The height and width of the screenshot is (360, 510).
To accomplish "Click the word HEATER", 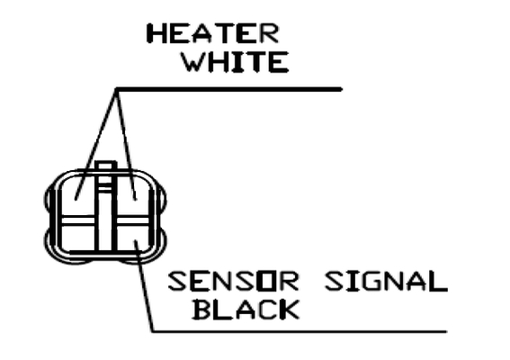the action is pyautogui.click(x=213, y=33).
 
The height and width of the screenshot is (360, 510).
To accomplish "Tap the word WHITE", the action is pyautogui.click(x=235, y=62).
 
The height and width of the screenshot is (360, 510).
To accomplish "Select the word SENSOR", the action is pyautogui.click(x=233, y=281).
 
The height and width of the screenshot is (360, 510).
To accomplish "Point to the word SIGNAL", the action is pyautogui.click(x=386, y=281).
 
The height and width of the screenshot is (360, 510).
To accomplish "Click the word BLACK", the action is pyautogui.click(x=246, y=310).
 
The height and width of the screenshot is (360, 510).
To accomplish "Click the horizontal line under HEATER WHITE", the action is pyautogui.click(x=228, y=89).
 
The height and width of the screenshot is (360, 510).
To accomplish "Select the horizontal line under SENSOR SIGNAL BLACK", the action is pyautogui.click(x=300, y=332).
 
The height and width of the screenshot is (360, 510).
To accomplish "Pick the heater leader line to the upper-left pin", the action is pyautogui.click(x=95, y=145).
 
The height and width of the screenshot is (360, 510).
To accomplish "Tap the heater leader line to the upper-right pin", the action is pyautogui.click(x=126, y=144).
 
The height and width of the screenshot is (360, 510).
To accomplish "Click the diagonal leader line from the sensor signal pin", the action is pyautogui.click(x=145, y=286).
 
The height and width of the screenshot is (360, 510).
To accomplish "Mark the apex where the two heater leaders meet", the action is pyautogui.click(x=117, y=89).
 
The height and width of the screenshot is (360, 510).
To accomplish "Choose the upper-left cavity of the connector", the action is pyautogui.click(x=78, y=195).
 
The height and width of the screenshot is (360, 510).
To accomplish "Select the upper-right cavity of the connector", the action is pyautogui.click(x=133, y=195).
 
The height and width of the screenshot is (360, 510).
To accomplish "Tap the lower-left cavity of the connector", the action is pyautogui.click(x=78, y=237).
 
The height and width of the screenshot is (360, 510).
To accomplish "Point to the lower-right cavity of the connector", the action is pyautogui.click(x=133, y=237).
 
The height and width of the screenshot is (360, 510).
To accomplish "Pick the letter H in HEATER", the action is pyautogui.click(x=155, y=33).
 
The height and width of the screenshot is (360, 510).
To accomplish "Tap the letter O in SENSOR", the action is pyautogui.click(x=262, y=281).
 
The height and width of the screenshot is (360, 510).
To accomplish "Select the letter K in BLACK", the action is pyautogui.click(x=290, y=310).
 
